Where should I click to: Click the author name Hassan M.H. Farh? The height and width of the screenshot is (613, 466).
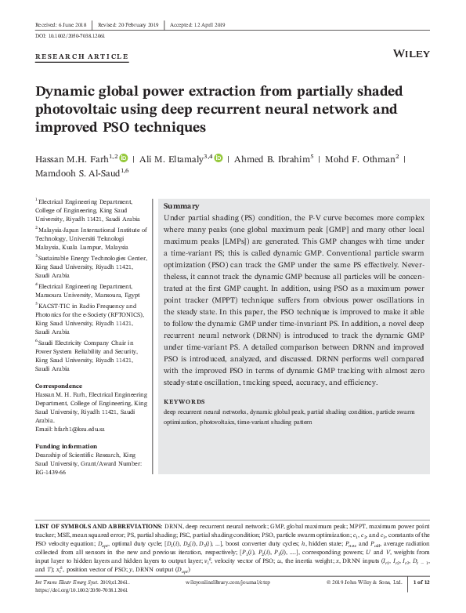point(74,159)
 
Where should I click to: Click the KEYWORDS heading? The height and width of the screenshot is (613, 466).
point(185,401)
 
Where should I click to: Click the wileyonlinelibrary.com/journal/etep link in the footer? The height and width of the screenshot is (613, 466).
point(233,583)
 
